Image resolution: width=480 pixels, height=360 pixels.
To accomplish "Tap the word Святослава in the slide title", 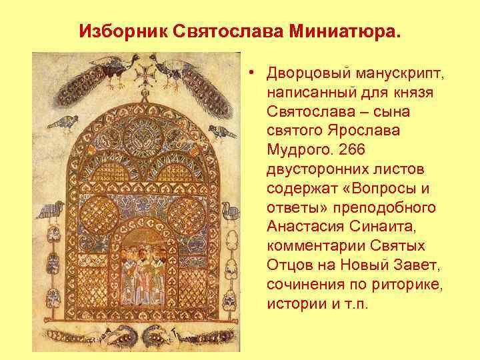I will point(219,31).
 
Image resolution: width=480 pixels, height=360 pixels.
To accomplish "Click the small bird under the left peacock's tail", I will point(67,123).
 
